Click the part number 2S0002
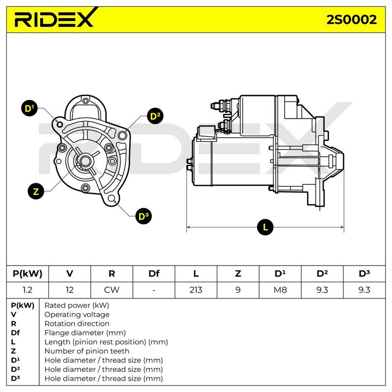[x=352, y=19]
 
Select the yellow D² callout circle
[x=155, y=116]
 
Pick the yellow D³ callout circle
[x=143, y=216]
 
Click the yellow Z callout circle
[x=35, y=191]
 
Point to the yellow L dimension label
[x=265, y=227]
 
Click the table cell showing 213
[x=196, y=290]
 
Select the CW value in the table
[x=112, y=290]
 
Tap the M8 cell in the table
[x=280, y=290]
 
